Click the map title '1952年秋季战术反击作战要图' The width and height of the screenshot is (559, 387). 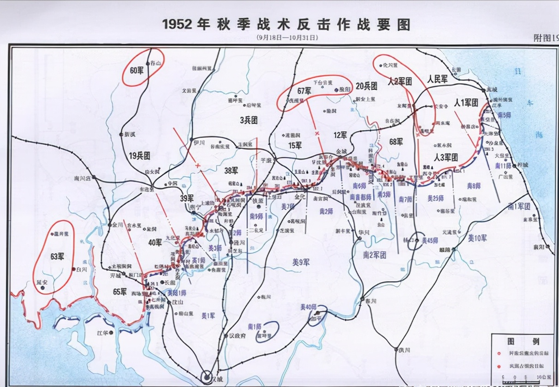point(286,24)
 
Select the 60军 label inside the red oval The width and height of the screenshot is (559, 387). point(137,71)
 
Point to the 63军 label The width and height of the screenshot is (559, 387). point(57,257)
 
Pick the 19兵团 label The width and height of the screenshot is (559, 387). point(139,156)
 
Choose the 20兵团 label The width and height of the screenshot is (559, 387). point(367,86)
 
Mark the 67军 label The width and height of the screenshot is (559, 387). point(305,90)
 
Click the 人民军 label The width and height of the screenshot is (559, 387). point(437,79)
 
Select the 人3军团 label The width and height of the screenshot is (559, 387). point(446,157)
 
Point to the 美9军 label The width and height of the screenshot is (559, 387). point(301,262)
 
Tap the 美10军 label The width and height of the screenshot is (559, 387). point(477,238)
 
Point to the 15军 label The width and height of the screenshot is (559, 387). point(295,146)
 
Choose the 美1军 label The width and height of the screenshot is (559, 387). point(208,316)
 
